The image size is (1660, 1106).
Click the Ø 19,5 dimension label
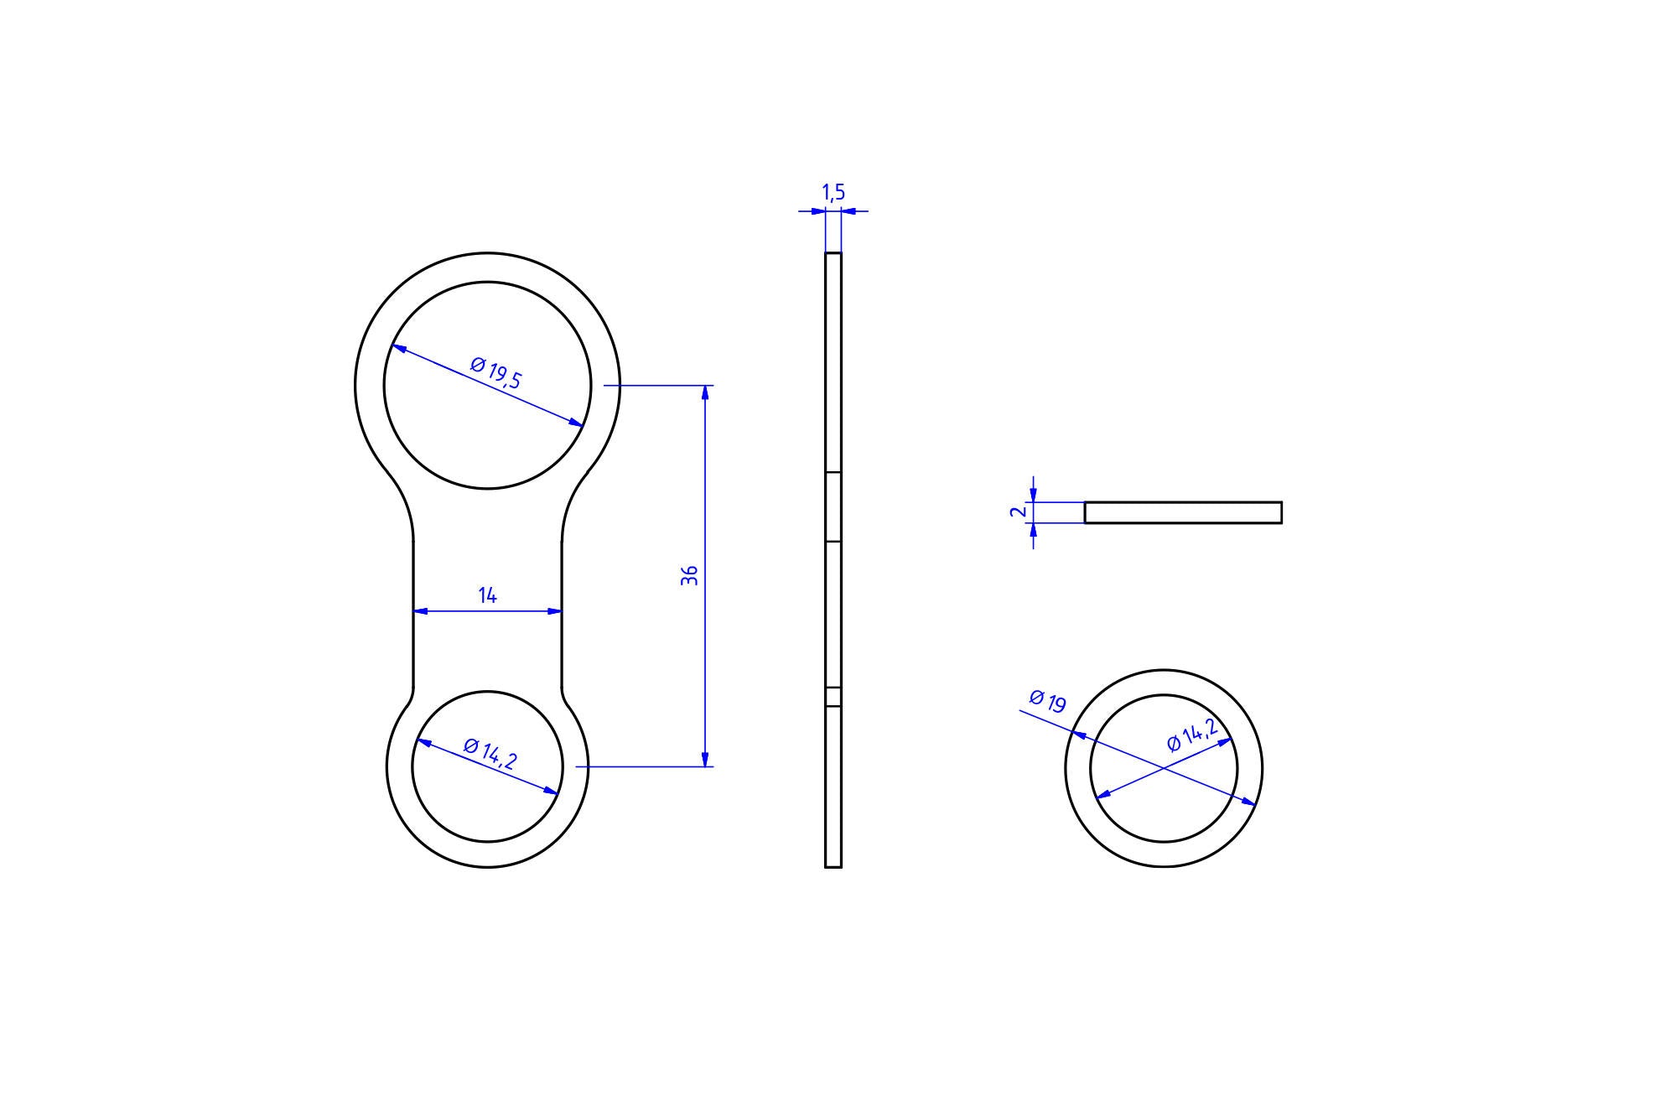pyautogui.click(x=496, y=372)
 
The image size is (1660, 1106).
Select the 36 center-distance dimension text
pyautogui.click(x=690, y=575)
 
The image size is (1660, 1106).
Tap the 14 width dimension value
pyautogui.click(x=487, y=595)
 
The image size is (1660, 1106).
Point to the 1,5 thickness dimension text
pyautogui.click(x=833, y=193)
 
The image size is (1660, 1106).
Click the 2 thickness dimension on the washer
pyautogui.click(x=1019, y=511)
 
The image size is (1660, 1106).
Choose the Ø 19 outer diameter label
pyautogui.click(x=1047, y=701)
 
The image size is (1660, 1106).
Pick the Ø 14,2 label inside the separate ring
pyautogui.click(x=1192, y=735)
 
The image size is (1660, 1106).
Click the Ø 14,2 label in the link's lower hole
pyautogui.click(x=490, y=754)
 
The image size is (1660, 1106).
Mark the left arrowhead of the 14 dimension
pyautogui.click(x=420, y=611)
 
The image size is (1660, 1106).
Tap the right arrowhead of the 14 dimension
pyautogui.click(x=555, y=611)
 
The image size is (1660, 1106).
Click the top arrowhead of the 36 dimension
pyautogui.click(x=706, y=392)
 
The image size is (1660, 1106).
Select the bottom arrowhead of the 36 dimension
pyautogui.click(x=706, y=760)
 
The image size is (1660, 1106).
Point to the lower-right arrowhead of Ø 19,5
pyautogui.click(x=576, y=423)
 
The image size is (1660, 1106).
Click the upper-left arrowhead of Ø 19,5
pyautogui.click(x=399, y=349)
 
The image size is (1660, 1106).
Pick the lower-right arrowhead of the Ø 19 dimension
pyautogui.click(x=1249, y=802)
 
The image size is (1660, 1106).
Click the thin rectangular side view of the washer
pyautogui.click(x=1183, y=512)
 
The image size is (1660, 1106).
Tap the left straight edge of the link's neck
pyautogui.click(x=413, y=612)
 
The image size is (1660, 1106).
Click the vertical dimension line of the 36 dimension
pyautogui.click(x=706, y=503)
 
